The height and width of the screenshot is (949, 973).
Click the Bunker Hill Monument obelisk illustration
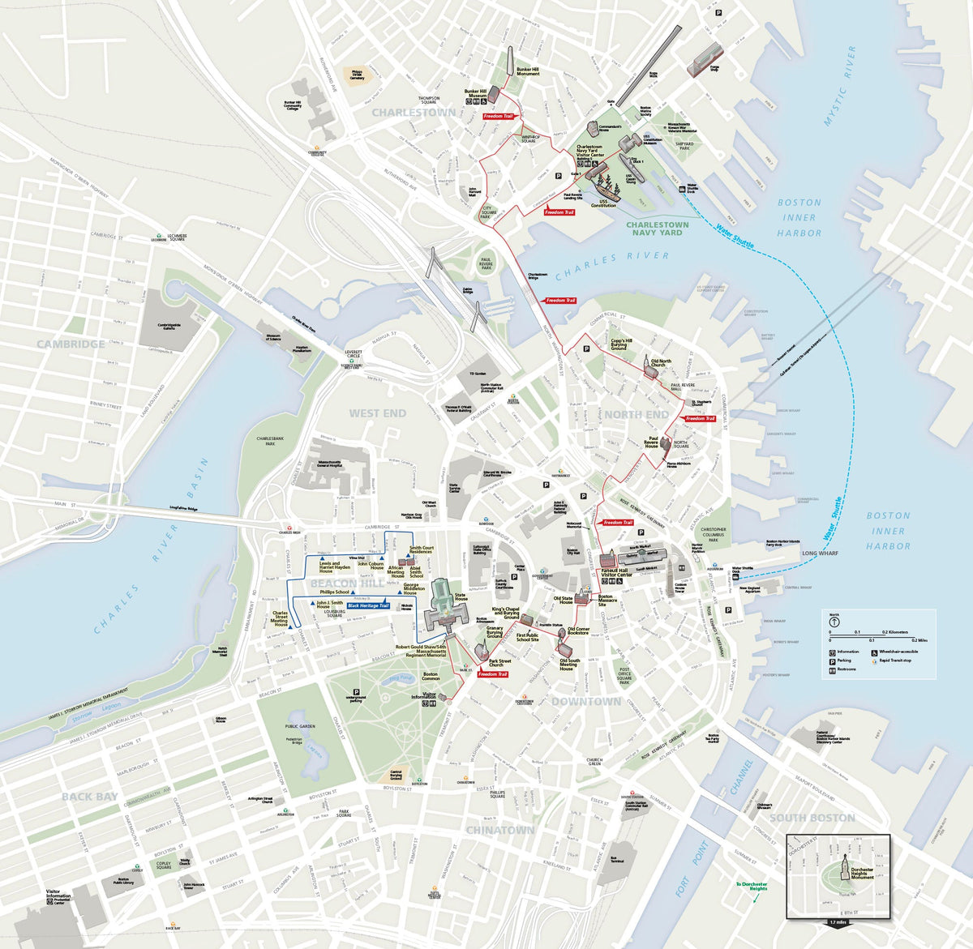click(x=512, y=63)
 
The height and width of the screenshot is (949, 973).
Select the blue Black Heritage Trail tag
click(x=368, y=605)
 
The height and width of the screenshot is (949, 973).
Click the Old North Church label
click(x=661, y=361)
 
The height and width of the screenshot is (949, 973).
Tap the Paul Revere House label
click(x=651, y=442)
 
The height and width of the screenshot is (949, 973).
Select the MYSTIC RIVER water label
click(x=839, y=86)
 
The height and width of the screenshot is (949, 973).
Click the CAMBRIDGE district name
click(x=70, y=344)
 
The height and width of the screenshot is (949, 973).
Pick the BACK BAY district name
click(x=89, y=797)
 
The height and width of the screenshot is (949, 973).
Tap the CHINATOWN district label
click(x=499, y=830)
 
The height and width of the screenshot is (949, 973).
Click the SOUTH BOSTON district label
click(x=812, y=818)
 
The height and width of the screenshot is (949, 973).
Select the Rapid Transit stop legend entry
click(x=897, y=660)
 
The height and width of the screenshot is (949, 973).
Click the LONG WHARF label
click(x=820, y=554)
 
